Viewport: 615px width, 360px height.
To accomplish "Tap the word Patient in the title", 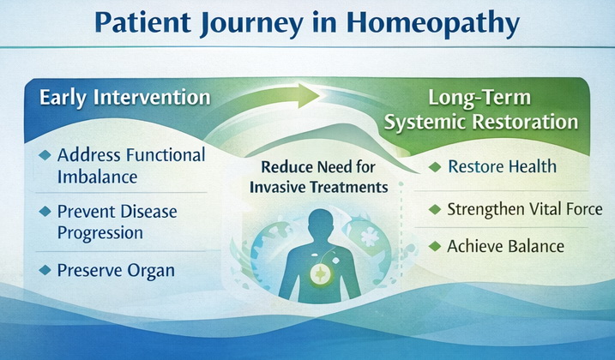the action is click(x=142, y=23).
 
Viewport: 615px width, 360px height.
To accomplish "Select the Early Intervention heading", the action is click(x=125, y=97).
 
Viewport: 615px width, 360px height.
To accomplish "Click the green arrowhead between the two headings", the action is click(x=308, y=96).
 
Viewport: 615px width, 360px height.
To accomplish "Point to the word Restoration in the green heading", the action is click(x=525, y=122).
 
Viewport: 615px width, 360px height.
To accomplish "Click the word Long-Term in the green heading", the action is click(x=479, y=98).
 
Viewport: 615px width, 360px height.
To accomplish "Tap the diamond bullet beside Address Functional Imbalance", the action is click(x=45, y=155).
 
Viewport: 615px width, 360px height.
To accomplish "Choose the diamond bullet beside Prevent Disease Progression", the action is click(x=45, y=212).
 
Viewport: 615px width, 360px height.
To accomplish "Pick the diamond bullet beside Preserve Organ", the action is click(x=45, y=270).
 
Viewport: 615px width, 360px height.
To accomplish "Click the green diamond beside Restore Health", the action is click(x=435, y=167).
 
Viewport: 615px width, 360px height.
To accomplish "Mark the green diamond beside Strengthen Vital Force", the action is click(x=435, y=209).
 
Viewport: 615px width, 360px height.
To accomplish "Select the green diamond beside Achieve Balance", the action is click(x=435, y=246).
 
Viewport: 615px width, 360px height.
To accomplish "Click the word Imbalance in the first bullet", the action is click(x=97, y=177).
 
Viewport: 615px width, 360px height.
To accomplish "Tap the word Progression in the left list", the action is click(x=100, y=234).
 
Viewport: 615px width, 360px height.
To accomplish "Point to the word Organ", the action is click(x=151, y=272).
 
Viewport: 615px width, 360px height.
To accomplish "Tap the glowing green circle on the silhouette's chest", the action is click(x=322, y=273).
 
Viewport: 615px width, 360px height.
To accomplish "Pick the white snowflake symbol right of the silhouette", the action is click(x=370, y=237).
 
